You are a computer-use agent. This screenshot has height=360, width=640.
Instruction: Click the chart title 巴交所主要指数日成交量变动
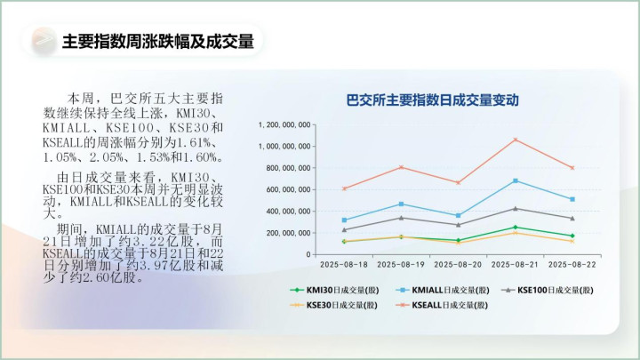tap(432, 100)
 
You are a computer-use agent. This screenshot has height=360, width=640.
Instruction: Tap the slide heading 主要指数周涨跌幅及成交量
tap(158, 41)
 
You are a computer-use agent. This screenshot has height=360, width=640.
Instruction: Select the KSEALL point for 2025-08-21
tap(516, 140)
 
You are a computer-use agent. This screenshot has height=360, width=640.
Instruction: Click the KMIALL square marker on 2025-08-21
tap(516, 180)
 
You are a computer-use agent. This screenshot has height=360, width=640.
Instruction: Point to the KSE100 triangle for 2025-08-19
tap(401, 218)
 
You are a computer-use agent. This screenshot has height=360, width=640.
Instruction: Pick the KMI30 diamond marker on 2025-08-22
tap(572, 236)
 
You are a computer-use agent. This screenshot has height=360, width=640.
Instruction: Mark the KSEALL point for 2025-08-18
tap(345, 188)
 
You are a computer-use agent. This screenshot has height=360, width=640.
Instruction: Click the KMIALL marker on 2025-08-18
tap(345, 220)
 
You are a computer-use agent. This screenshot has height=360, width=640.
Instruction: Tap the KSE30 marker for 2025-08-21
tap(516, 233)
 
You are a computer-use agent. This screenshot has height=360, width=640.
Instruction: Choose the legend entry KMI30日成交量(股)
tap(334, 290)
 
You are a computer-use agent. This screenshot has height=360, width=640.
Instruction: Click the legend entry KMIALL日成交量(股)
tap(443, 290)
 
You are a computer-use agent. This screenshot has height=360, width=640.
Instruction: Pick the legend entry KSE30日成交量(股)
tap(333, 305)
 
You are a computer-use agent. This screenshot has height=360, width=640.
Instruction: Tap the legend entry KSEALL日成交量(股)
tap(442, 305)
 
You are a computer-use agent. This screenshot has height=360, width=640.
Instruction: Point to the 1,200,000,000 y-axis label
tap(284, 125)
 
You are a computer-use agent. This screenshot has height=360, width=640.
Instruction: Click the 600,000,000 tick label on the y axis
tap(288, 189)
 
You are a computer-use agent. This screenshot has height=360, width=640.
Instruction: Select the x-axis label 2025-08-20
tap(458, 265)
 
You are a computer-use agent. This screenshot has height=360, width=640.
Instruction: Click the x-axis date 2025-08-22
tap(572, 265)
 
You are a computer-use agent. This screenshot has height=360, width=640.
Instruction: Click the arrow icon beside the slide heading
tap(44, 40)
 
